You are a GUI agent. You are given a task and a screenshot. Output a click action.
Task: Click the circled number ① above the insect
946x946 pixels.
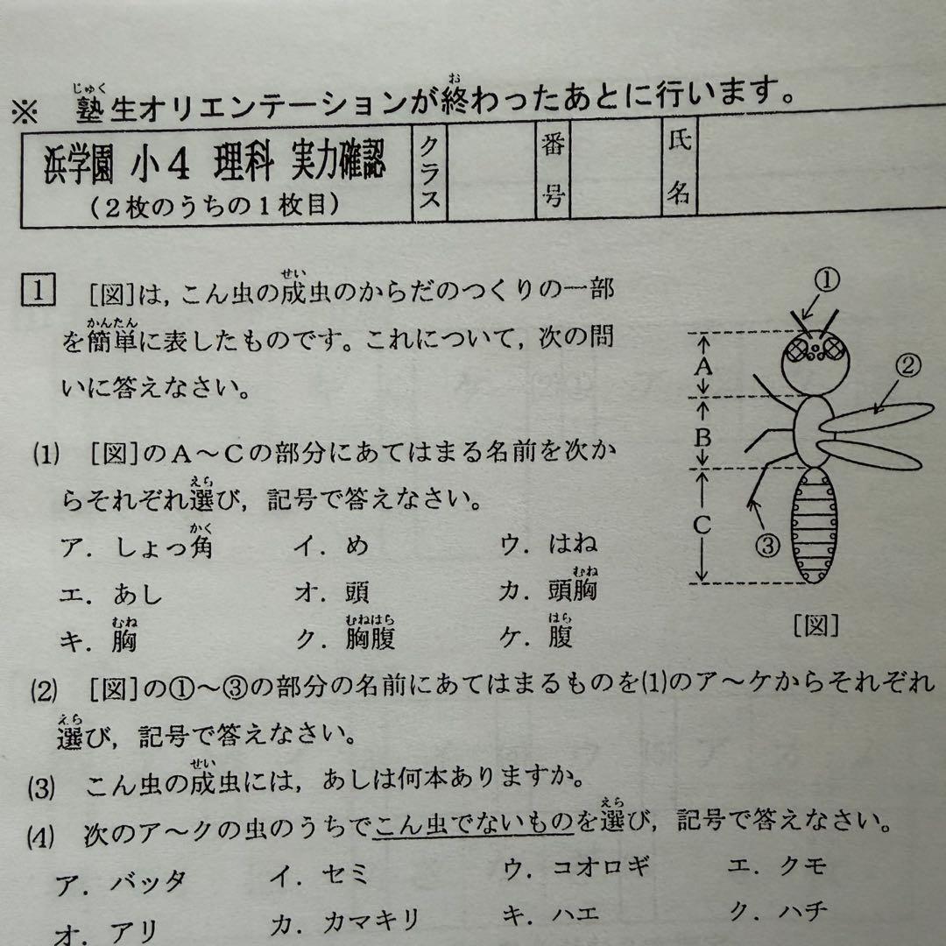click(x=827, y=280)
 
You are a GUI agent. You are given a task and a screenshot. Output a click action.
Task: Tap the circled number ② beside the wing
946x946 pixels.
click(x=908, y=365)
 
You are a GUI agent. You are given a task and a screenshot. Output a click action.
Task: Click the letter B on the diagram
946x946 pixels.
click(x=701, y=435)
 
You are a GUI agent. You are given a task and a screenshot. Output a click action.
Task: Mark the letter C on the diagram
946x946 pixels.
click(x=701, y=526)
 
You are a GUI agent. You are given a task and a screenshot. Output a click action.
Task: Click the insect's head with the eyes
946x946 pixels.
click(x=815, y=359)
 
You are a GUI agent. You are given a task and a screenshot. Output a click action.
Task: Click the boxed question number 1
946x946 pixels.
click(x=36, y=289)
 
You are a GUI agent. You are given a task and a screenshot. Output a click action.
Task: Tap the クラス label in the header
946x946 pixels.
click(x=429, y=175)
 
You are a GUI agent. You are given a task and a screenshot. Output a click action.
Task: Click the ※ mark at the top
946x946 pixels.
click(x=25, y=111)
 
